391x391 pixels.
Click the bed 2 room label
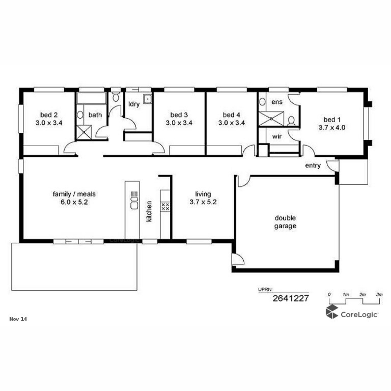[49, 115]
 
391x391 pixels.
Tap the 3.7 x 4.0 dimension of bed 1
[332, 128]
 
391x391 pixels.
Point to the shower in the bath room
[84, 132]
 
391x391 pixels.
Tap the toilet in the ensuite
[291, 121]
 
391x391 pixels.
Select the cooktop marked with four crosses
[165, 207]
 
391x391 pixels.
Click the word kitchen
[149, 211]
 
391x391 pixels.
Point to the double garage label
[285, 222]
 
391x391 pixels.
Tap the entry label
[313, 166]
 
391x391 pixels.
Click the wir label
[277, 136]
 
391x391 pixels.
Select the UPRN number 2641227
[291, 298]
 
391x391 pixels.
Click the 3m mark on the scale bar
[379, 295]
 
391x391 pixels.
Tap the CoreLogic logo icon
[332, 312]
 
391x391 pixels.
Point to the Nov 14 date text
[18, 319]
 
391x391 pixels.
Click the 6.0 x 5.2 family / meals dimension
[74, 202]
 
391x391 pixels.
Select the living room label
[203, 194]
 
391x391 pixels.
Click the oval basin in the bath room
[80, 115]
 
